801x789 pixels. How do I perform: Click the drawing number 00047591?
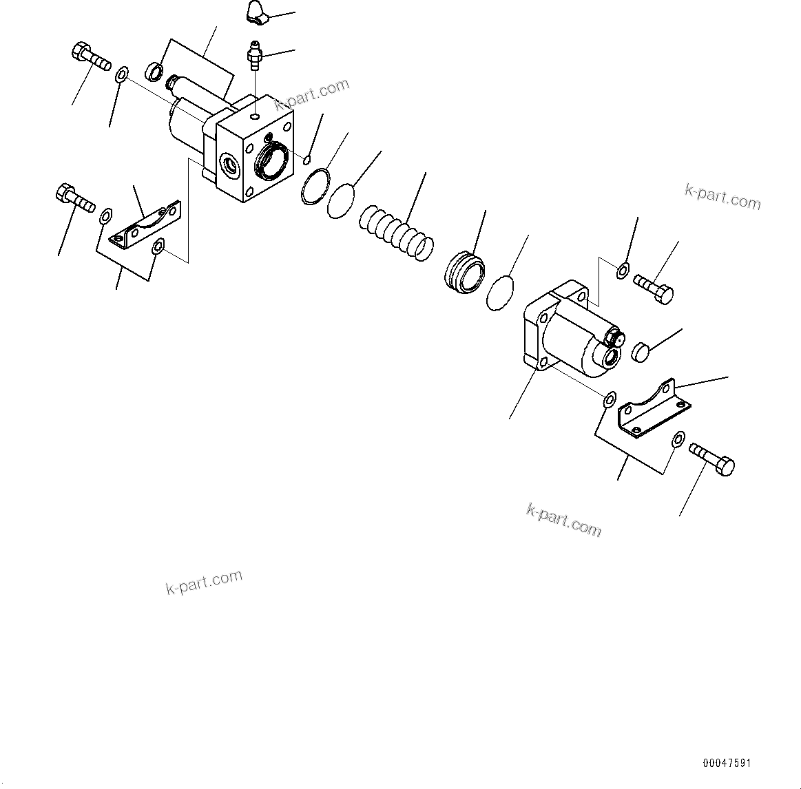[x=727, y=764]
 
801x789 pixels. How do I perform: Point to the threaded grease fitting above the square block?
[x=256, y=54]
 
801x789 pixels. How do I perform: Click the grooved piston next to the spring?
[x=464, y=273]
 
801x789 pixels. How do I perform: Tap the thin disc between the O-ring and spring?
[x=340, y=200]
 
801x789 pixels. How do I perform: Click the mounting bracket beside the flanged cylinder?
[x=653, y=408]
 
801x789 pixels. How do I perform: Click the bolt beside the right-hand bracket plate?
[x=711, y=459]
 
